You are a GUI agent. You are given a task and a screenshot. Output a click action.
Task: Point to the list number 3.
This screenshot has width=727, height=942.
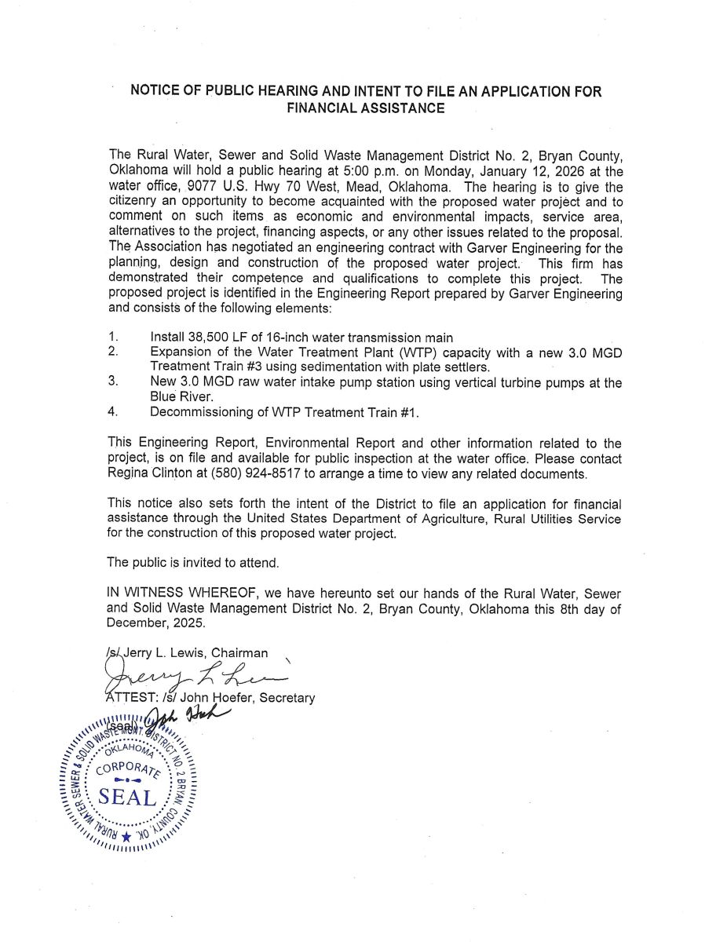[x=113, y=381]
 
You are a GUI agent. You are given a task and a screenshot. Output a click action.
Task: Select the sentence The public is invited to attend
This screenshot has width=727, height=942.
[x=192, y=563]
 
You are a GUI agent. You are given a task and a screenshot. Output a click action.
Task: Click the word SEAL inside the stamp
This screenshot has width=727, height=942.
[x=127, y=801]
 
